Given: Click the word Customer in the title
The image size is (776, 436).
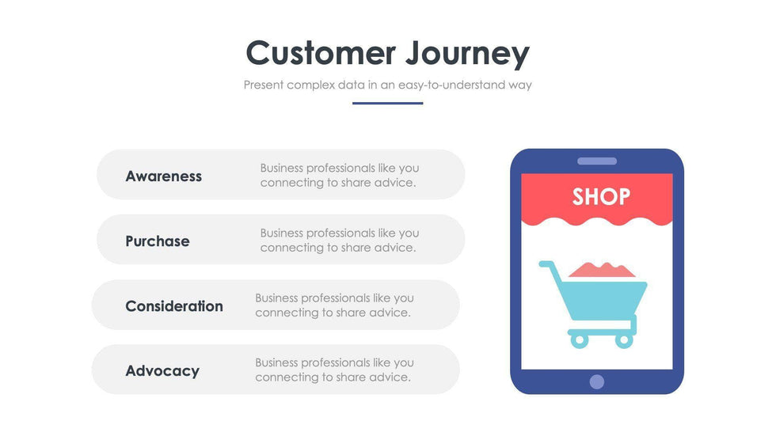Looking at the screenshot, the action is click(x=321, y=53).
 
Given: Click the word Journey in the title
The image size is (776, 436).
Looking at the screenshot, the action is click(x=468, y=55).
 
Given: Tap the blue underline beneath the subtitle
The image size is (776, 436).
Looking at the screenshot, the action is click(x=387, y=104).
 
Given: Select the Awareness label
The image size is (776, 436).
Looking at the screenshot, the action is click(x=163, y=176).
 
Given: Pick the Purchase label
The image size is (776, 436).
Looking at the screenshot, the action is click(x=158, y=241).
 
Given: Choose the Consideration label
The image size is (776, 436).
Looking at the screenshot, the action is click(x=174, y=306).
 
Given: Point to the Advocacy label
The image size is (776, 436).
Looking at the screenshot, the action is click(x=162, y=371).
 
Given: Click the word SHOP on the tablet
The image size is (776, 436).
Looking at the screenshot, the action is click(x=601, y=197).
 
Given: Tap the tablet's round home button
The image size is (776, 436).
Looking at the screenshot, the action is click(x=597, y=381).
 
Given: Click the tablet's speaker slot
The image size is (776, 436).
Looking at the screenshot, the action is click(x=597, y=161).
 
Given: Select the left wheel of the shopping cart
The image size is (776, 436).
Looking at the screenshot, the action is click(x=579, y=340).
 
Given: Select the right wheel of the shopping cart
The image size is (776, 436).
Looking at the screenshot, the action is click(x=624, y=340).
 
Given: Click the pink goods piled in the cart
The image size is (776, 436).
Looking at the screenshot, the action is click(x=602, y=270).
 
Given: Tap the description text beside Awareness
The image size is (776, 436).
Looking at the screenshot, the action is click(x=340, y=175).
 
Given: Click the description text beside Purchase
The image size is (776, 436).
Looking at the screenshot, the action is click(x=340, y=240).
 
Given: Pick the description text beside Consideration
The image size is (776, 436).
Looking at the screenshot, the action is click(x=334, y=305).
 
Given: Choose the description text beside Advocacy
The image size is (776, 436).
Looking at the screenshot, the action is click(x=334, y=370).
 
